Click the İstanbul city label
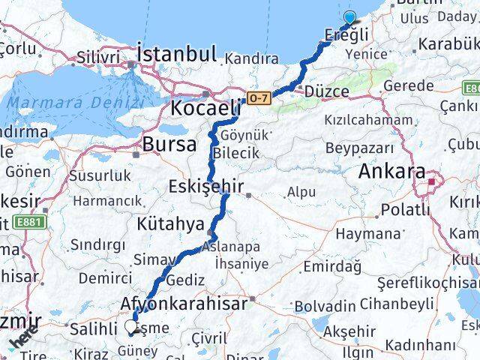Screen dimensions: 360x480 177,54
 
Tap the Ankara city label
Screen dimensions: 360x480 391,172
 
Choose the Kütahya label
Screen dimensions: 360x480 170,223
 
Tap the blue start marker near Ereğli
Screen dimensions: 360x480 349,18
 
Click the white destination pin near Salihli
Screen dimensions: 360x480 132,327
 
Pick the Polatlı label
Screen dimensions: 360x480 404,209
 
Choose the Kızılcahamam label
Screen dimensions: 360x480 362,120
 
